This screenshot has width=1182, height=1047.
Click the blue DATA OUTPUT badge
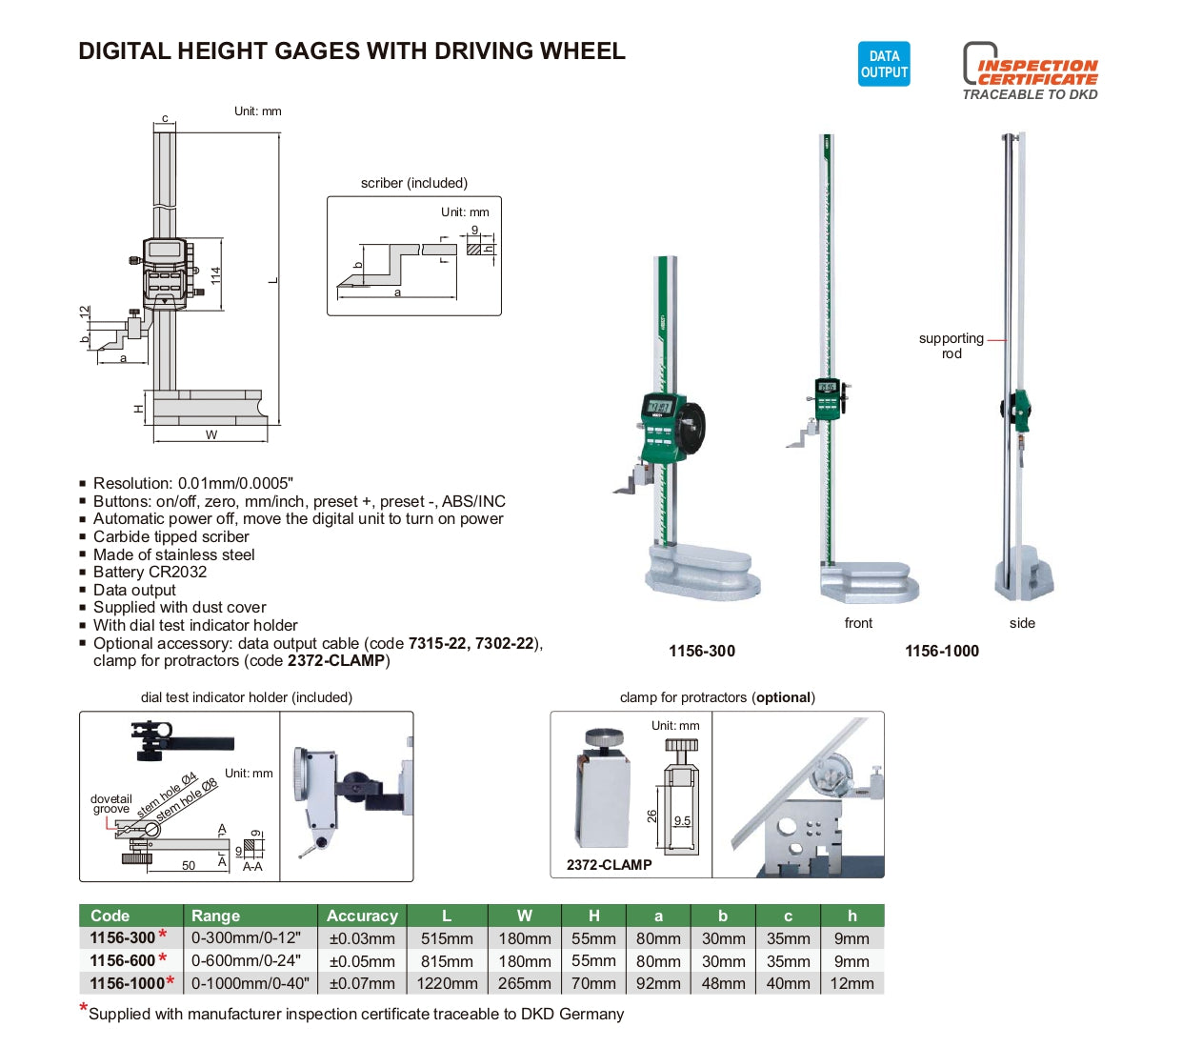click(x=883, y=64)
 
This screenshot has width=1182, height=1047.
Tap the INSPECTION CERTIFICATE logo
click(x=1030, y=70)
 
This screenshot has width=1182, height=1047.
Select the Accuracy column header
click(x=362, y=916)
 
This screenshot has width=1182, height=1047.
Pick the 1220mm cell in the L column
click(x=447, y=983)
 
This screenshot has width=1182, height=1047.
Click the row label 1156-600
click(x=123, y=960)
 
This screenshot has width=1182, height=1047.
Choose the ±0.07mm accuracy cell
click(x=362, y=983)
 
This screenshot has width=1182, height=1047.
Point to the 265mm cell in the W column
click(x=524, y=983)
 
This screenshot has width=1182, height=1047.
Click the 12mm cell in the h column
click(x=851, y=983)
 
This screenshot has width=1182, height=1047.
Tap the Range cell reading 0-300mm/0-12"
click(x=246, y=937)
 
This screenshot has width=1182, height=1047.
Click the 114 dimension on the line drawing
click(x=216, y=275)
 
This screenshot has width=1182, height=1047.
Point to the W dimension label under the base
click(x=211, y=434)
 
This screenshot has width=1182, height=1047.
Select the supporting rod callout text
click(x=951, y=346)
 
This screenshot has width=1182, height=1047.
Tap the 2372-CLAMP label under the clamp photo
click(x=609, y=865)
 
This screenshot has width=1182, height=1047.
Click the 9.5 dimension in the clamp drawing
click(x=682, y=820)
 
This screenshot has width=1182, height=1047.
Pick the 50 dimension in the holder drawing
click(x=189, y=865)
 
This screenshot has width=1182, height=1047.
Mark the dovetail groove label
click(x=110, y=804)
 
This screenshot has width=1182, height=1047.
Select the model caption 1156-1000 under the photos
click(x=942, y=651)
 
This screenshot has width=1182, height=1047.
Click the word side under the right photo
click(x=1022, y=623)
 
